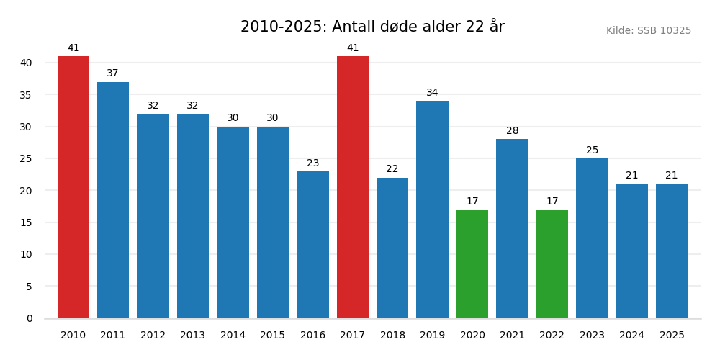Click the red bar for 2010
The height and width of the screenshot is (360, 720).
73,187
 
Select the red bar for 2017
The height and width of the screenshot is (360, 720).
353,187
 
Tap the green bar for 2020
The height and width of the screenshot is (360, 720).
472,264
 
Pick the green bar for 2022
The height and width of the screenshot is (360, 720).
552,264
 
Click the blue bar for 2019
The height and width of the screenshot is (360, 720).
432,210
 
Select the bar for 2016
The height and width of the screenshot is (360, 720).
312,245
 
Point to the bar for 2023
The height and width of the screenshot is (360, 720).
592,238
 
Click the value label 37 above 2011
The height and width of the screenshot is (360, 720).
113,73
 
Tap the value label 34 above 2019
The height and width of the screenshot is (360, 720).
432,93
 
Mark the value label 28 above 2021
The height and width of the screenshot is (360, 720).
512,131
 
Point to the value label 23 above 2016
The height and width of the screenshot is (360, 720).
312,163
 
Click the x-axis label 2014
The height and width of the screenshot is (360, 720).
233,336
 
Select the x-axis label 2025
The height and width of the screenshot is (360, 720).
672,336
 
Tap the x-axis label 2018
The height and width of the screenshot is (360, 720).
392,336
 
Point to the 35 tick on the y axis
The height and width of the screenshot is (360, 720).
26,95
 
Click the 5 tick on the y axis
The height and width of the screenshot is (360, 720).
29,287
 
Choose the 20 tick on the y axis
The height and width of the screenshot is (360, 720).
26,191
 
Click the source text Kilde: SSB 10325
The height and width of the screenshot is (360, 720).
648,31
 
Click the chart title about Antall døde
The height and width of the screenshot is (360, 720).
372,27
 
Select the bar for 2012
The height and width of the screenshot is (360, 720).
153,216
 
